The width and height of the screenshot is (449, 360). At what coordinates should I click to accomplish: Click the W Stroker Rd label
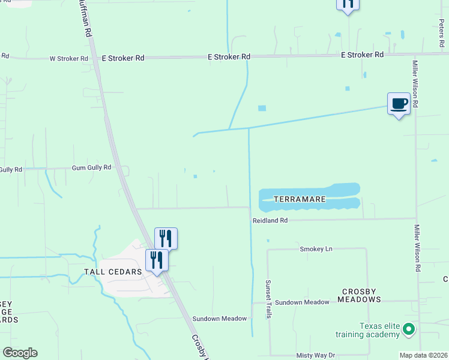68,59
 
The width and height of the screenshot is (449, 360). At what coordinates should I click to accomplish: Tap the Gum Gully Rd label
91,168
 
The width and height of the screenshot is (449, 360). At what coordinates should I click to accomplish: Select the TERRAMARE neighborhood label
300,199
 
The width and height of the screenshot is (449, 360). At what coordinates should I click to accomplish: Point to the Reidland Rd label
270,221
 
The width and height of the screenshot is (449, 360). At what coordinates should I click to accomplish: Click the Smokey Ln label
316,248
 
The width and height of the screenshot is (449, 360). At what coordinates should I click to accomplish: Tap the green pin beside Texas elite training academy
409,329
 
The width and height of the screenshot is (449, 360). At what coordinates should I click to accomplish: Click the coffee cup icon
399,104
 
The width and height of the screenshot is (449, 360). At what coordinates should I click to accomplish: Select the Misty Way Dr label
315,356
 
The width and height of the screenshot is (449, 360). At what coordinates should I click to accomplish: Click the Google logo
20,353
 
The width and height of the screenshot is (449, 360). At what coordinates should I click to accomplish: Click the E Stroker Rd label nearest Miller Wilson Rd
362,55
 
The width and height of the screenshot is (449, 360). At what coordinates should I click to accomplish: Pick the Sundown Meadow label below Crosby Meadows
302,302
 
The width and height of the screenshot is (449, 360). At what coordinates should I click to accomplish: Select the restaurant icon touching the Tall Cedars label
157,260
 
